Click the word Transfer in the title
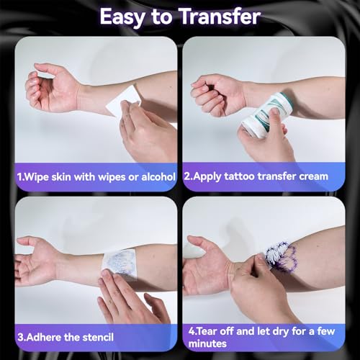click(220, 17)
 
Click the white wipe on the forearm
click(122, 103)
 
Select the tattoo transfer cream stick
click(267, 114)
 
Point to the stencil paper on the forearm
click(120, 264)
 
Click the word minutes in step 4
click(207, 343)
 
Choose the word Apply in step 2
click(207, 177)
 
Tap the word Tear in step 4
click(206, 331)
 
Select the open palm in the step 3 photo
click(36, 261)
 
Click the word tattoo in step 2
click(239, 176)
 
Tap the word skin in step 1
click(61, 177)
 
